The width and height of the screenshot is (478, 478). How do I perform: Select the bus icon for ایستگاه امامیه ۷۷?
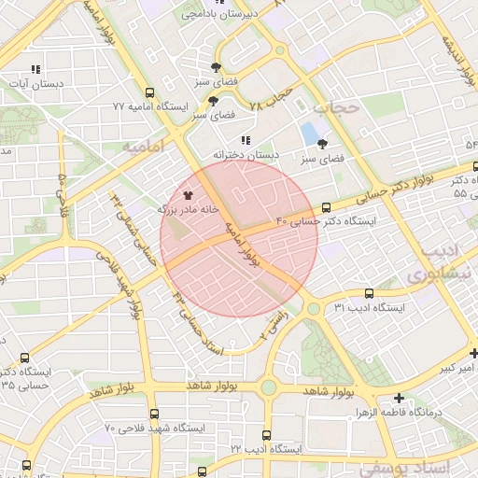[x=148, y=92]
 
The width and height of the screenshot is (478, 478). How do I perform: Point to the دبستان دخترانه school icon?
[x=246, y=140]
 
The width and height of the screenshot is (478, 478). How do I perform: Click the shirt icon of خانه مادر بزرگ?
[x=188, y=196]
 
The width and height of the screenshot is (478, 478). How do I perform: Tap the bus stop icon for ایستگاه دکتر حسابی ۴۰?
[x=325, y=207]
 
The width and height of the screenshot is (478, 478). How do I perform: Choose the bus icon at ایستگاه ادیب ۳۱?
[x=368, y=293]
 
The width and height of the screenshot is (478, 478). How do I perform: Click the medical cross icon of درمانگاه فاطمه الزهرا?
[x=400, y=398]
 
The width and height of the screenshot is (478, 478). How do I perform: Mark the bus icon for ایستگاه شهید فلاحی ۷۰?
[x=154, y=413]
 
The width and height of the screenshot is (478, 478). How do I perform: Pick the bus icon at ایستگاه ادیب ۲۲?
[x=267, y=435]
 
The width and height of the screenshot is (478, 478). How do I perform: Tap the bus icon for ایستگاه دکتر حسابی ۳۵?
[x=23, y=357]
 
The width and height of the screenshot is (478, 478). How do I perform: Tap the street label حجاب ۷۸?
[x=271, y=100]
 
